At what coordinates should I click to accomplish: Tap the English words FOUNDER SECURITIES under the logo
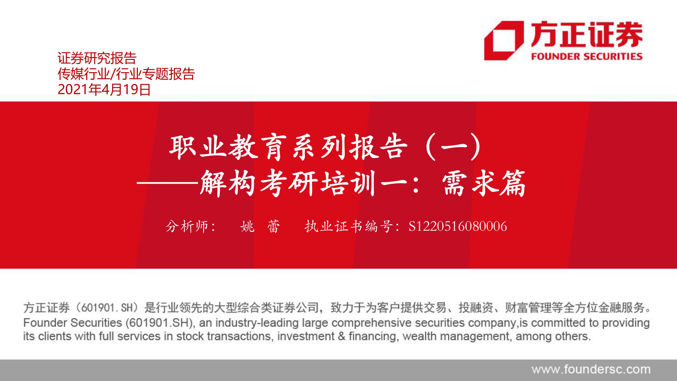click(587, 56)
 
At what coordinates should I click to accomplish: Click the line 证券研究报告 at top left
click(97, 58)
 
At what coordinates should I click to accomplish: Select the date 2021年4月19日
click(104, 89)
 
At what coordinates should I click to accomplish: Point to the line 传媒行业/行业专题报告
click(126, 74)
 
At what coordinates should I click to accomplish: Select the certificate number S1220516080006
click(458, 226)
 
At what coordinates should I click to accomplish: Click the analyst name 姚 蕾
click(260, 226)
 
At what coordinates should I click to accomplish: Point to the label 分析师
click(187, 226)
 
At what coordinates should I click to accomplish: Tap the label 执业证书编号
click(349, 226)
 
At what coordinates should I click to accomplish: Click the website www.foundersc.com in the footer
click(591, 369)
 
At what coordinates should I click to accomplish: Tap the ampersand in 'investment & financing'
click(342, 336)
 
